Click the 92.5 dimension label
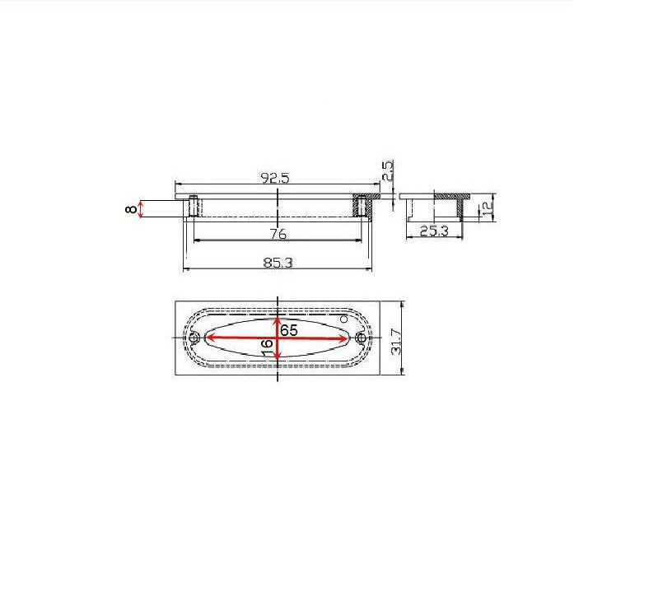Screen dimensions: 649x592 (x=275, y=178)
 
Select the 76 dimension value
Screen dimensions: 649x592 (x=278, y=234)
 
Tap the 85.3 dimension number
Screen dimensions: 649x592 (x=278, y=263)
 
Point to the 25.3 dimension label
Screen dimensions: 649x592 (x=434, y=231)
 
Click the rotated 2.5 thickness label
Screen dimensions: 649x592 (x=387, y=170)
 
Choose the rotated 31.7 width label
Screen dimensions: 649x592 (x=396, y=342)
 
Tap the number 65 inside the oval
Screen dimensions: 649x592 (x=289, y=330)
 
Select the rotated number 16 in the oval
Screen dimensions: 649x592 (x=268, y=347)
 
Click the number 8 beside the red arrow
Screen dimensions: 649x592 (x=131, y=209)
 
